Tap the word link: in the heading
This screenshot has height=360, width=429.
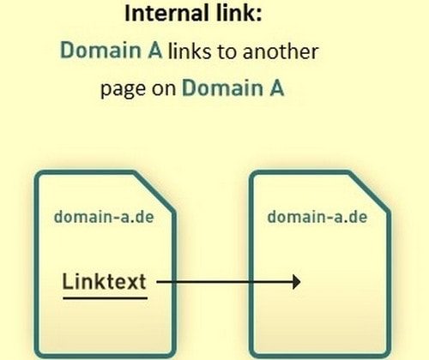[239, 13]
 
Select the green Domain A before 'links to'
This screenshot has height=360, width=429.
[112, 50]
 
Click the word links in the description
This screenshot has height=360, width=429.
[190, 51]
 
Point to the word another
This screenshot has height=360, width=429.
[281, 51]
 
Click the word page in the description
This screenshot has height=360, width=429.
[124, 88]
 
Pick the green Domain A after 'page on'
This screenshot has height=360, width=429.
[233, 87]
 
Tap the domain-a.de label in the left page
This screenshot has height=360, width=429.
[104, 217]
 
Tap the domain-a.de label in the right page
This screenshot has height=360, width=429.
[317, 217]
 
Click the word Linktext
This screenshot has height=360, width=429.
[105, 281]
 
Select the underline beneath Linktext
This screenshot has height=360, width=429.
[105, 298]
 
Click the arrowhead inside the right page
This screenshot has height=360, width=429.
[297, 282]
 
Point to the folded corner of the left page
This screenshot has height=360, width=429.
[154, 192]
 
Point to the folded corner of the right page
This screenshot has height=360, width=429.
[369, 192]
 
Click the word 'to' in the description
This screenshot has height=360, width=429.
[227, 51]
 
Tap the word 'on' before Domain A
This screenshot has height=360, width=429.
[164, 89]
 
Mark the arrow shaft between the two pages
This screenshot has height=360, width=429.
[225, 282]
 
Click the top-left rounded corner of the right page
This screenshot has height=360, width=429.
[254, 175]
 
